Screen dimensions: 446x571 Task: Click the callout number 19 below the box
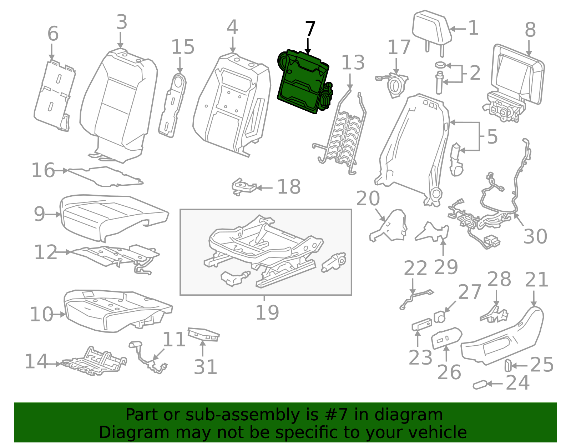point(267,313)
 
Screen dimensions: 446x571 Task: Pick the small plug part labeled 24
point(480,385)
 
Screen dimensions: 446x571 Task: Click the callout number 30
point(535,236)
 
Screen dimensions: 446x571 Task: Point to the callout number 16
point(43,170)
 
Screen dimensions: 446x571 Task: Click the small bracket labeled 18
point(243,187)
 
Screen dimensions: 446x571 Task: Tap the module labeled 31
point(203,334)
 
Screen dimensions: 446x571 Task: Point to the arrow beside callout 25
point(520,366)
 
